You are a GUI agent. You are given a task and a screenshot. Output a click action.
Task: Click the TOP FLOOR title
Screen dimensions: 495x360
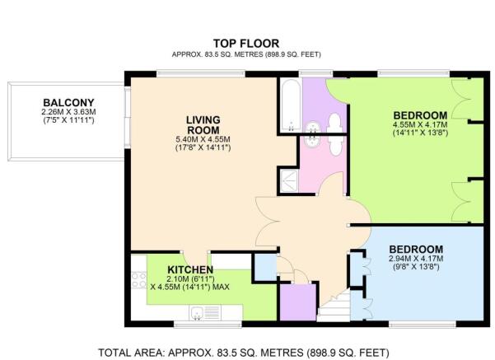(246, 44)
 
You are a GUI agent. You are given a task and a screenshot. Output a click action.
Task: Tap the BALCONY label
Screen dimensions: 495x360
(68, 103)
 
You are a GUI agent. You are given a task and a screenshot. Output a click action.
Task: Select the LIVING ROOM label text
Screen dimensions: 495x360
(203, 125)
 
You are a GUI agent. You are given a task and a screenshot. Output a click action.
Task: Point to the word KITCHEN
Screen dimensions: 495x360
(190, 270)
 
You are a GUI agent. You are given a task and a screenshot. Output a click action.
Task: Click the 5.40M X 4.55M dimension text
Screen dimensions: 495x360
(203, 139)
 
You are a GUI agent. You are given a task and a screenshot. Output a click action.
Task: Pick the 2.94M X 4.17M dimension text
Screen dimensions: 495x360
(416, 259)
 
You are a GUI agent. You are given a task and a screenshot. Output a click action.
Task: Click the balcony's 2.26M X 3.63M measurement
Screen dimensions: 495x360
(68, 112)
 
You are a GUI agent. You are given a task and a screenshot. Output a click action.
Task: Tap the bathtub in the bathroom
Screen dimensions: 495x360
(291, 105)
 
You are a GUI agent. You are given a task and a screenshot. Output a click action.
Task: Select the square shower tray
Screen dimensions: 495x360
(289, 181)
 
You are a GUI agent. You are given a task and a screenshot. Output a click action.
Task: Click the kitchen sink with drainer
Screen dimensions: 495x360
(205, 313)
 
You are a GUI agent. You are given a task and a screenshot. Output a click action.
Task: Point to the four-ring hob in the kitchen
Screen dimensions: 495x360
(139, 280)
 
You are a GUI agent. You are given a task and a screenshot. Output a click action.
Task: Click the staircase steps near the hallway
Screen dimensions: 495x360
(334, 305)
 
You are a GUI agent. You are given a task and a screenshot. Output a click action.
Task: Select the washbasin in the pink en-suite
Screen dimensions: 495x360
(312, 141)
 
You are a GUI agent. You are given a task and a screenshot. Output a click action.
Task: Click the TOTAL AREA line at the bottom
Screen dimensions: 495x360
(244, 353)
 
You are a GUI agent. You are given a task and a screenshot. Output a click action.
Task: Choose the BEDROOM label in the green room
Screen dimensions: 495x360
(420, 115)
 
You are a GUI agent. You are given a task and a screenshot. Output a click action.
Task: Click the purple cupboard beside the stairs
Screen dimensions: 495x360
(298, 302)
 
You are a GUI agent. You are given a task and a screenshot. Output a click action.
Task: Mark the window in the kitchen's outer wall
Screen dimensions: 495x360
(208, 324)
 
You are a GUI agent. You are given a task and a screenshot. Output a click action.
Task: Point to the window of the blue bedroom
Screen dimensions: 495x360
(422, 324)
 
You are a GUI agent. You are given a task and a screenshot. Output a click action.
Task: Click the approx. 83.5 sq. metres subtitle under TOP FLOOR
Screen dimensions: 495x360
(246, 54)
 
